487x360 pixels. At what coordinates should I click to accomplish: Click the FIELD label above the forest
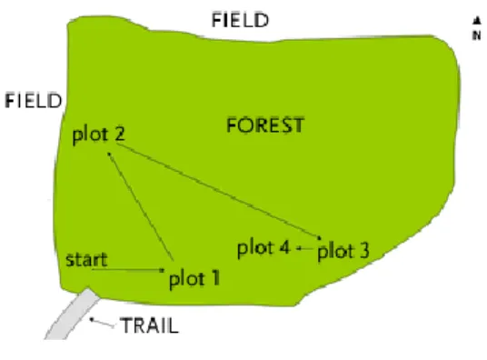tap(240, 20)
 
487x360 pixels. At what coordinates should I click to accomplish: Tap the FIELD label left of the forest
tap(34, 100)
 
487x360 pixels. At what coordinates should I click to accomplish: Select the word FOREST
tap(265, 125)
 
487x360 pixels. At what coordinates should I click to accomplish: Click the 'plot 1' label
tap(194, 278)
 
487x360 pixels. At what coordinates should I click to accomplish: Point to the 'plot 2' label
tap(98, 135)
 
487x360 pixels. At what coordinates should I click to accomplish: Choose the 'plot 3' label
tap(343, 251)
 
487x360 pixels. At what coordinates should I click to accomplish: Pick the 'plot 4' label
tap(263, 248)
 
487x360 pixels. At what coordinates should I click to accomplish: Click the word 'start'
tap(86, 260)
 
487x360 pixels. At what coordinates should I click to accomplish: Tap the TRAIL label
tap(149, 325)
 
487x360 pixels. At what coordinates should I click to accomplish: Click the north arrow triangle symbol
tap(476, 21)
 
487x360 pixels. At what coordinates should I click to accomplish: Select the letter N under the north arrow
tap(477, 35)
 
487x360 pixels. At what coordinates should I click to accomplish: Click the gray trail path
tap(74, 315)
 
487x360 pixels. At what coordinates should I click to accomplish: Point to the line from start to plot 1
tap(128, 270)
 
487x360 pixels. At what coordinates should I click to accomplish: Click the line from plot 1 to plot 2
tap(141, 206)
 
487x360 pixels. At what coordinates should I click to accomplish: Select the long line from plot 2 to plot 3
tap(219, 191)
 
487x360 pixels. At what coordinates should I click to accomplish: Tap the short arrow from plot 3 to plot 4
tap(305, 248)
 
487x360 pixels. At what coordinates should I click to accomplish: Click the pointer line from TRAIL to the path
tap(102, 323)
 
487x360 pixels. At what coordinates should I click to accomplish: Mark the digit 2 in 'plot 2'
tap(119, 134)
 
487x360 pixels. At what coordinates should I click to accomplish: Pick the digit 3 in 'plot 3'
tap(364, 250)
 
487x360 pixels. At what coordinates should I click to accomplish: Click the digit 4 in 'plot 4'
tap(284, 247)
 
